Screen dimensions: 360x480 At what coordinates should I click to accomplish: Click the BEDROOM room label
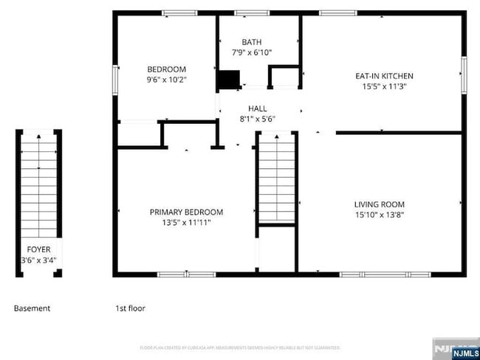pos(166,69)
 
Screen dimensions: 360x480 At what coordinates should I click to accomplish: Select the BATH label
pos(251,43)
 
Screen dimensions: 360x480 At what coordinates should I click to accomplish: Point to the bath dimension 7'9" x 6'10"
pos(251,52)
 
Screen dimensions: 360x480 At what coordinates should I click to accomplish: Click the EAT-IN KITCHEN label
pos(384,76)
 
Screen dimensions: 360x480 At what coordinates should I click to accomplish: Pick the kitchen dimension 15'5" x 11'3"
pos(384,86)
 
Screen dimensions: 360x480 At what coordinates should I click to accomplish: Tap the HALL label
pos(257,108)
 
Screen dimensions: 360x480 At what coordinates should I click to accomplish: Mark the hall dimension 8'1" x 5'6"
pos(257,119)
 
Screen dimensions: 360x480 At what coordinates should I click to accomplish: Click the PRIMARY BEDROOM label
pos(186,212)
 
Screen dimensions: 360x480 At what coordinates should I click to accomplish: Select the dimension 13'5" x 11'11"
pos(186,222)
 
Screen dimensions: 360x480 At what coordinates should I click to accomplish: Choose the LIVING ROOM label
pos(379,204)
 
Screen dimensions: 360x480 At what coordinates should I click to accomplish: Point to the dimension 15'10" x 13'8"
pos(379,215)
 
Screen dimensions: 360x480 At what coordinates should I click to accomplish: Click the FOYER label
pos(39,250)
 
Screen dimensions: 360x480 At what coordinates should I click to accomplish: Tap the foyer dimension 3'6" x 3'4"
pos(39,260)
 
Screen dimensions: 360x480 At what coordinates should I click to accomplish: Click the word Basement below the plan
pos(32,308)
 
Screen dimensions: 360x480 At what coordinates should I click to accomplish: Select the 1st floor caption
pos(130,308)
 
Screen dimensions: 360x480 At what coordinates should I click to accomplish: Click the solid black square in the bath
pos(229,80)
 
